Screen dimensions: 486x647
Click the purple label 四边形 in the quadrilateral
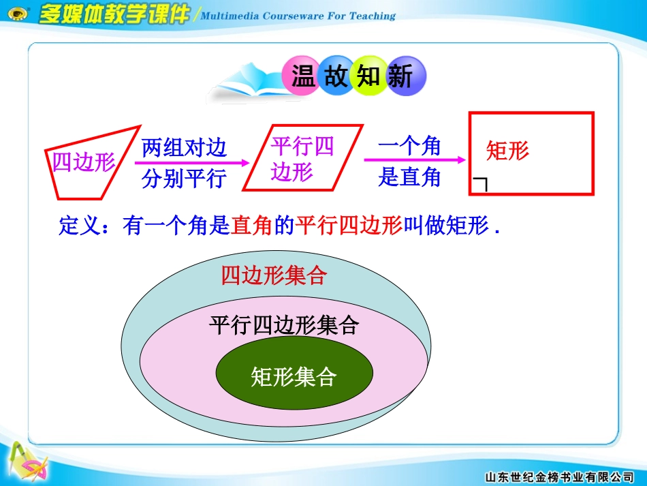(x=84, y=162)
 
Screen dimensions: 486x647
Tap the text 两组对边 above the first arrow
(x=184, y=147)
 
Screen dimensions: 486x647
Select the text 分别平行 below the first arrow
(x=184, y=179)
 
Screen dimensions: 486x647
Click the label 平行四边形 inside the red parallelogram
(x=301, y=158)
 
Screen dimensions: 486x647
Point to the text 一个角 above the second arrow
(x=409, y=146)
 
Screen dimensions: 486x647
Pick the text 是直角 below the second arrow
(x=409, y=177)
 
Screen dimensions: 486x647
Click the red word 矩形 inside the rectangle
(x=507, y=151)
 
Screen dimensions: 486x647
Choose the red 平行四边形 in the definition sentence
(x=349, y=226)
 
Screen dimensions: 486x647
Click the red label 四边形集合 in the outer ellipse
(x=274, y=275)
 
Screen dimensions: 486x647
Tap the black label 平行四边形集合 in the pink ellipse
(x=283, y=325)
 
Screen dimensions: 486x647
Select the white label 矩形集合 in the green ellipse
(x=294, y=376)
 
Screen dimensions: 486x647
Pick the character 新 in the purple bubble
(x=402, y=76)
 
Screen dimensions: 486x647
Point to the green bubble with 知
(x=369, y=76)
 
